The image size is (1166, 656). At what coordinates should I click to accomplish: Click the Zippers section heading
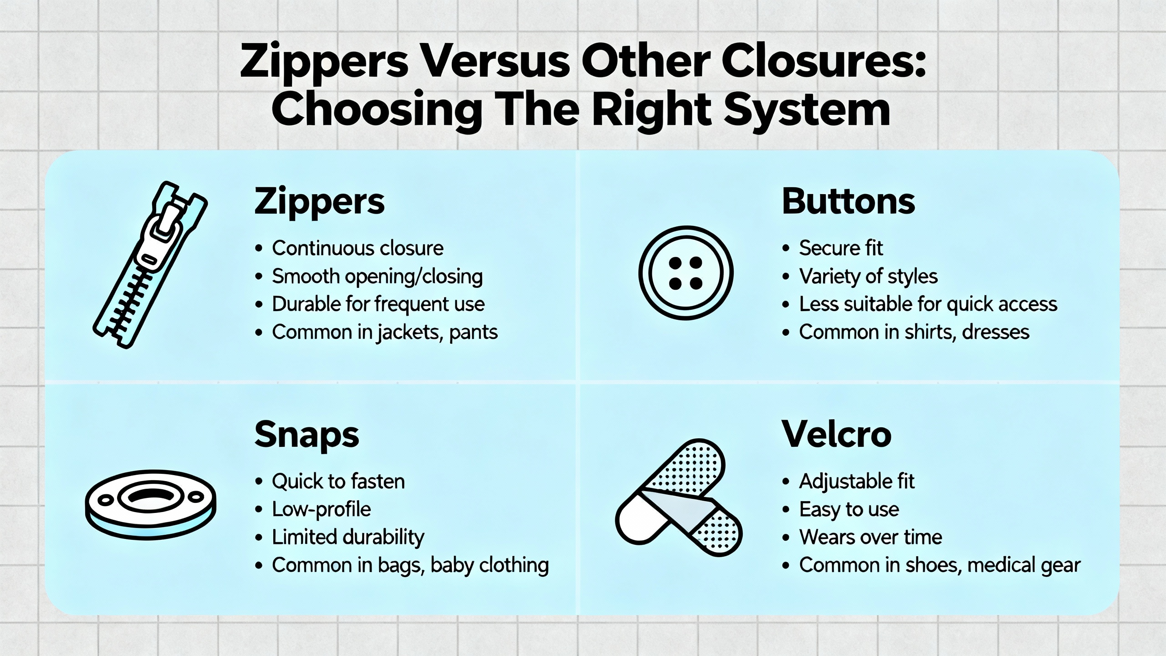pyautogui.click(x=319, y=202)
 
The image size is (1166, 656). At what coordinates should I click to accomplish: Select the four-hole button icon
pyautogui.click(x=686, y=273)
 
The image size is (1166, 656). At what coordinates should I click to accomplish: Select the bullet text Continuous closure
pyautogui.click(x=358, y=248)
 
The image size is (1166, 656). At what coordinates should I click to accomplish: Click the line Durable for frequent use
pyautogui.click(x=378, y=304)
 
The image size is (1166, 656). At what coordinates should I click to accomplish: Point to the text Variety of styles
pyautogui.click(x=868, y=277)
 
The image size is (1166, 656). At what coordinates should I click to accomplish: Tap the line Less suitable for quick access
pyautogui.click(x=928, y=304)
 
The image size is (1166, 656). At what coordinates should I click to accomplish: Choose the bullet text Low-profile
pyautogui.click(x=322, y=509)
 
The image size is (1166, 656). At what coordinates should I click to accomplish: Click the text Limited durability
pyautogui.click(x=348, y=537)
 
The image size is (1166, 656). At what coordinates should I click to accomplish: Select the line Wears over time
pyautogui.click(x=870, y=537)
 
